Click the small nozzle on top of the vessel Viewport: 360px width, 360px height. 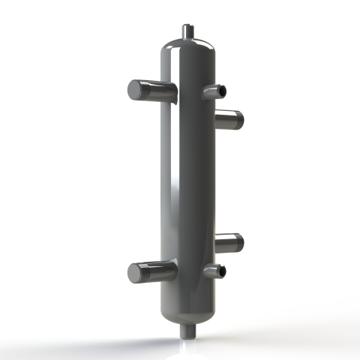187,31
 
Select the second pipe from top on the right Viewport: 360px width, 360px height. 228,118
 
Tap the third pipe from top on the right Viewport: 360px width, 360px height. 228,241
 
